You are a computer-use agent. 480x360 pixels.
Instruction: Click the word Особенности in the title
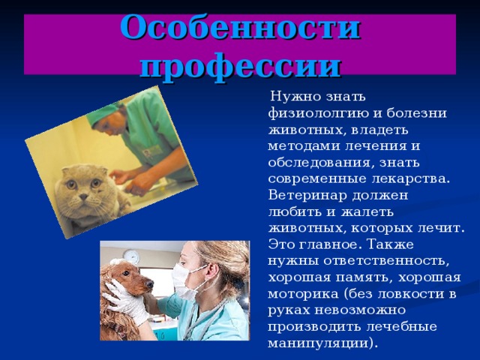tap(240, 28)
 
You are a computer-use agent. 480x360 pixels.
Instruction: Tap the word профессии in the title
tap(240, 67)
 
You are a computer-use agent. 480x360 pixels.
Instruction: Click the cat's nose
tap(83, 196)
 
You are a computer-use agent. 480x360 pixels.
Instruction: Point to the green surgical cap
tap(103, 115)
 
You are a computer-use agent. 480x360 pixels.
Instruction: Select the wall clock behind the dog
tap(132, 256)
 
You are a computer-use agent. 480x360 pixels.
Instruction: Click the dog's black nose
tap(150, 285)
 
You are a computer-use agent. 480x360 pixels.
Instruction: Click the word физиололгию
tap(318, 114)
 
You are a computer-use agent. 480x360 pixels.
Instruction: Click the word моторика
tap(303, 295)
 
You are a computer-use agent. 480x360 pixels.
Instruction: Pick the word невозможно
tap(360, 310)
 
